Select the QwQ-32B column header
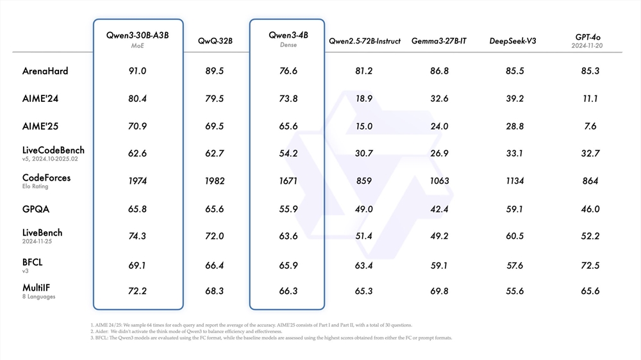215,41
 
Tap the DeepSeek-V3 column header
512,41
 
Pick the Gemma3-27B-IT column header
439,41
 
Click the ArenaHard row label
45,71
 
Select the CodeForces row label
46,177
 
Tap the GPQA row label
36,208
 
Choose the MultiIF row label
40,288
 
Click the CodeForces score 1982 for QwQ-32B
215,181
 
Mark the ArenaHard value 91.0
138,71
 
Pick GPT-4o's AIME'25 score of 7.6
590,126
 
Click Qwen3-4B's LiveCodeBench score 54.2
288,154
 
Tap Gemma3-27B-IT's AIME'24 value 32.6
439,99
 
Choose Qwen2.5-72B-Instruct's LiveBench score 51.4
363,236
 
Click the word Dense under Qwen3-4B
288,45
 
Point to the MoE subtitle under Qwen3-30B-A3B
137,45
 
